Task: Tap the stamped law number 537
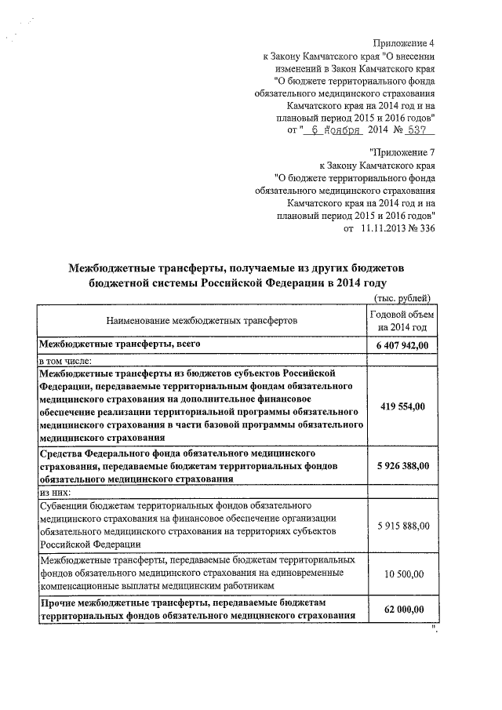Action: pos(417,130)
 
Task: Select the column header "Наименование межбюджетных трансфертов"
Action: pos(202,320)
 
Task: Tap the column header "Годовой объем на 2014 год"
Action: pos(402,320)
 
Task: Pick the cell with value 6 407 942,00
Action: pos(402,346)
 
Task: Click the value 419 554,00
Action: pos(402,406)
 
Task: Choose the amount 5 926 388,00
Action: pos(402,466)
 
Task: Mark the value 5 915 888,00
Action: pos(402,524)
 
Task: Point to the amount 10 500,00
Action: pos(405,573)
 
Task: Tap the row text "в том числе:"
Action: pos(66,360)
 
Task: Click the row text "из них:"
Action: pos(56,490)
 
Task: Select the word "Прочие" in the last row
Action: pos(60,602)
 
